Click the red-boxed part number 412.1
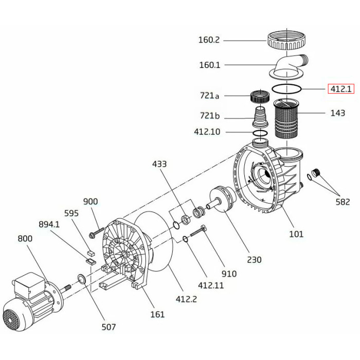pyautogui.click(x=341, y=88)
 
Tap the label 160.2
pyautogui.click(x=209, y=40)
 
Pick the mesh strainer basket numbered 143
pyautogui.click(x=286, y=119)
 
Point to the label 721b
pyautogui.click(x=210, y=116)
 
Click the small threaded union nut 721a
pyautogui.click(x=260, y=97)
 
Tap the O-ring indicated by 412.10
pyautogui.click(x=260, y=133)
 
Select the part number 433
pyautogui.click(x=159, y=164)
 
